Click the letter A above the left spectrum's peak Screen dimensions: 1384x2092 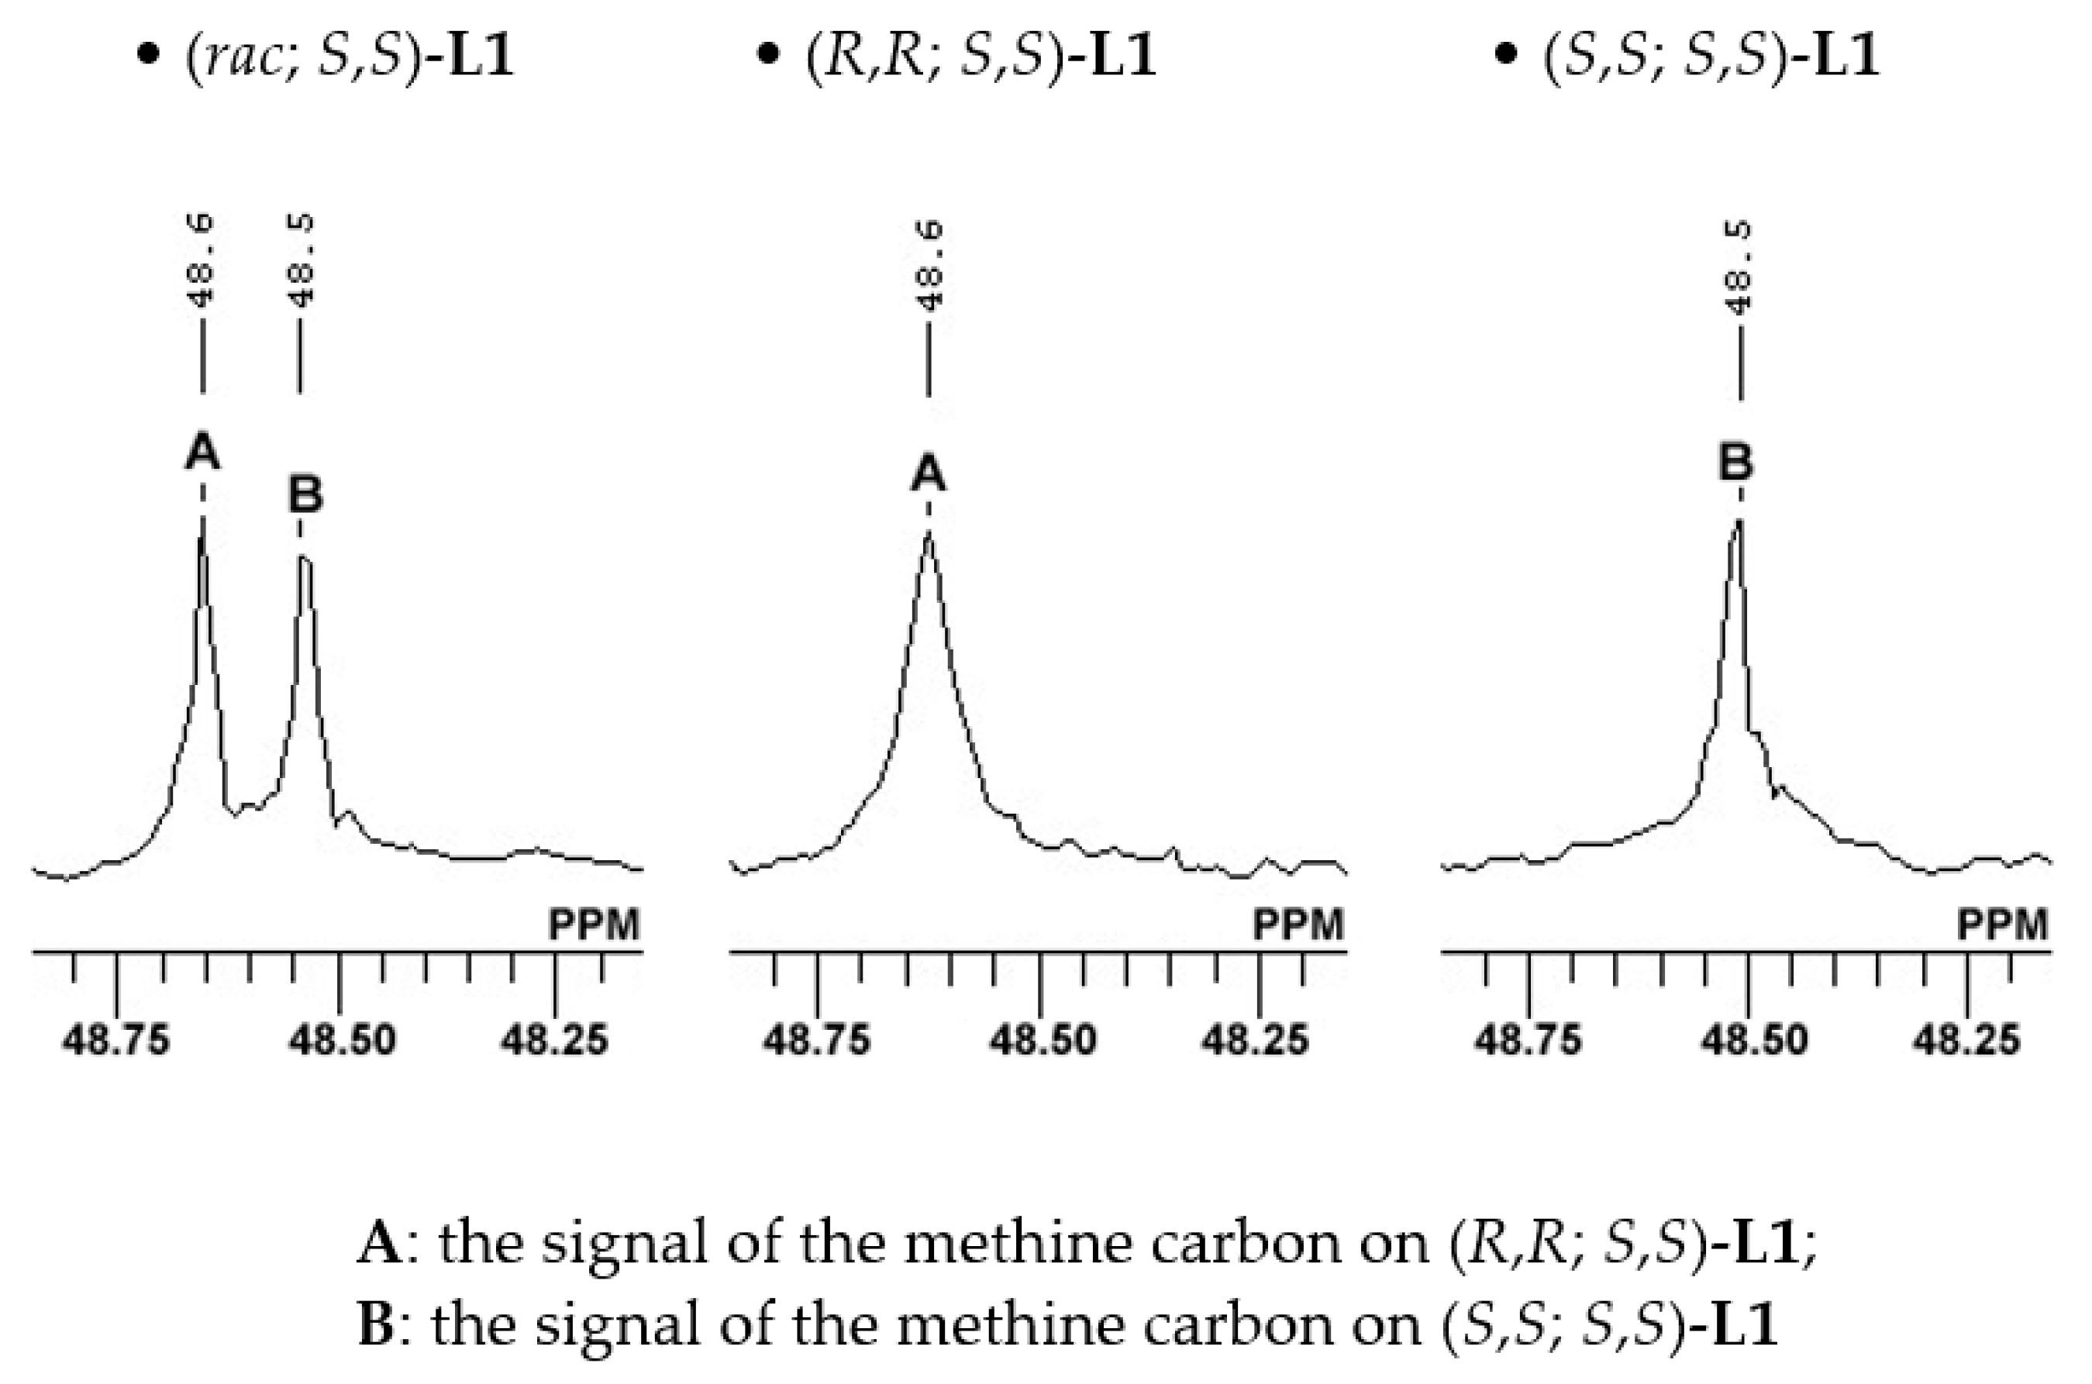click(202, 453)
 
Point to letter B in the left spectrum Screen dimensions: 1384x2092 click(305, 494)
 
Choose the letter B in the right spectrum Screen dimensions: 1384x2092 click(1735, 463)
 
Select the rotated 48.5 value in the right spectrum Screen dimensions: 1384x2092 click(1739, 267)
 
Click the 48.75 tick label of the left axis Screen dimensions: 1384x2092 click(115, 1040)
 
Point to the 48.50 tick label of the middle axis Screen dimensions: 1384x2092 click(1043, 1040)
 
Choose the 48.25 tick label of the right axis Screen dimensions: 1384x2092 click(1966, 1040)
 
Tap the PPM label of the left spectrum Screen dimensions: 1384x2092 click(594, 925)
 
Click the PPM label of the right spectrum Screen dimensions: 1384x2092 click(2002, 925)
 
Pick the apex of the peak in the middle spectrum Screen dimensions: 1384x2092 click(928, 532)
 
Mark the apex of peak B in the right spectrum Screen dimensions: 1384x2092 click(1738, 521)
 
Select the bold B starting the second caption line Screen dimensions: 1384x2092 click(377, 1325)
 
